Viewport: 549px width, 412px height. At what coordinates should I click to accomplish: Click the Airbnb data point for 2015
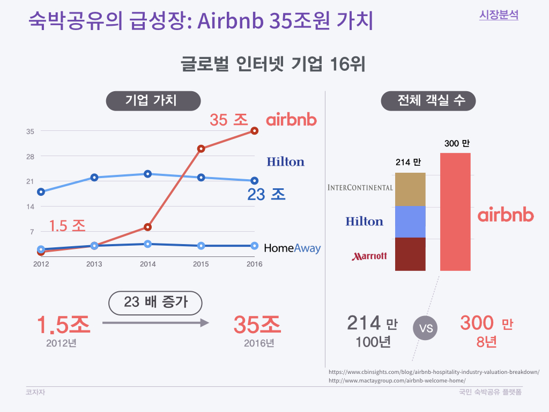pyautogui.click(x=201, y=149)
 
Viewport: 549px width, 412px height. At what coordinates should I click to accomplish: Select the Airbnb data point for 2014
pyautogui.click(x=148, y=227)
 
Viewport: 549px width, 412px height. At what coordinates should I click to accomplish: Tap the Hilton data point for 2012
pyautogui.click(x=41, y=192)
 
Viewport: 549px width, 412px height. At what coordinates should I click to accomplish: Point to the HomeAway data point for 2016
pyautogui.click(x=255, y=246)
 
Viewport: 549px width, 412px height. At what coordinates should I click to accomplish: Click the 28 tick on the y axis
pyautogui.click(x=30, y=156)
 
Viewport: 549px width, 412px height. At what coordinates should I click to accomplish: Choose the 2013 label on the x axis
pyautogui.click(x=94, y=264)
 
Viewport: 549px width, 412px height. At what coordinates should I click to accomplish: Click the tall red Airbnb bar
pyautogui.click(x=455, y=211)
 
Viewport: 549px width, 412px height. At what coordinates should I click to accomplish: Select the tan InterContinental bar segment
pyautogui.click(x=410, y=189)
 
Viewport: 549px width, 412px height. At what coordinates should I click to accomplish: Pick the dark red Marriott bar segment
pyautogui.click(x=410, y=254)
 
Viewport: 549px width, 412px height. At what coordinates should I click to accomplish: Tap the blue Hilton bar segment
pyautogui.click(x=410, y=222)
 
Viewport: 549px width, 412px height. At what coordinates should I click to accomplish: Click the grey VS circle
pyautogui.click(x=425, y=328)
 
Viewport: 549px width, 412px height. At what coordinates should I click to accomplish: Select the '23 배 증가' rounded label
pyautogui.click(x=155, y=303)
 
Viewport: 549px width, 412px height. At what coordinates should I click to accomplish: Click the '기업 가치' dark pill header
pyautogui.click(x=153, y=101)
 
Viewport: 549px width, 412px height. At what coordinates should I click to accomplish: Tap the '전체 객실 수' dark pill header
pyautogui.click(x=428, y=101)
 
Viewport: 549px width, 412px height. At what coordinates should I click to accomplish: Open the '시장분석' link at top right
pyautogui.click(x=499, y=15)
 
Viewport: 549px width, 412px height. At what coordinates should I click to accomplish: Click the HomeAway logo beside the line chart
pyautogui.click(x=292, y=248)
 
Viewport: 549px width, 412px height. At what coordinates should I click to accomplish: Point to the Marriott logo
pyautogui.click(x=369, y=256)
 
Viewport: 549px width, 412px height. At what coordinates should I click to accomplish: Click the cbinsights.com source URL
pyautogui.click(x=434, y=372)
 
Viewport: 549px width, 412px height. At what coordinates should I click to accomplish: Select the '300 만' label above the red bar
pyautogui.click(x=457, y=143)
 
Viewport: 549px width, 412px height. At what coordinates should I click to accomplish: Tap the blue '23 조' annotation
pyautogui.click(x=266, y=194)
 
